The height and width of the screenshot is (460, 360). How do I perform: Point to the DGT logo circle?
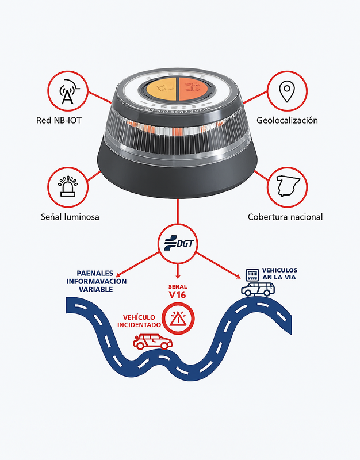coord(178,243)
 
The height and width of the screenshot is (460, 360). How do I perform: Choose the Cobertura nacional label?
coord(285,217)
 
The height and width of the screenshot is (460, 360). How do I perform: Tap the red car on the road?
coord(152,342)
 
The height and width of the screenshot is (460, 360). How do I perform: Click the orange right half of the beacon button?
coord(192,89)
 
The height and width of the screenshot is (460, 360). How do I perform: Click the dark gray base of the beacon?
coord(178,175)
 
